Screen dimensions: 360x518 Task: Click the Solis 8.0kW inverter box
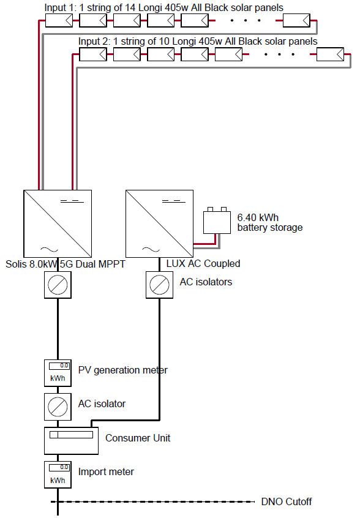(x=58, y=223)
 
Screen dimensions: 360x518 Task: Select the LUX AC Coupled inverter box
(x=160, y=223)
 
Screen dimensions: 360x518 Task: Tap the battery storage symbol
(x=217, y=220)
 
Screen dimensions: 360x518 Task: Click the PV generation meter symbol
(x=58, y=373)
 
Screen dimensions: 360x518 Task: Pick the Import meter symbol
(x=58, y=475)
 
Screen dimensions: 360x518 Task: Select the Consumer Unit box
(x=72, y=441)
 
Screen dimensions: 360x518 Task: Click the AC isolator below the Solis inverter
(x=58, y=285)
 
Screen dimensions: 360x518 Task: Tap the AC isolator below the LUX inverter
(x=160, y=285)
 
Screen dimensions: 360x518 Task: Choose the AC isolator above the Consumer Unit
(x=58, y=407)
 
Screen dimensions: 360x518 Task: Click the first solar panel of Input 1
(x=59, y=20)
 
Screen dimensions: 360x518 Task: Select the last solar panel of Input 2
(x=330, y=54)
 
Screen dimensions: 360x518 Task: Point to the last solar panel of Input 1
(x=296, y=20)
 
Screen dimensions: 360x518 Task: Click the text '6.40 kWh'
(x=258, y=217)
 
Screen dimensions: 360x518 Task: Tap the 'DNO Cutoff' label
(x=287, y=501)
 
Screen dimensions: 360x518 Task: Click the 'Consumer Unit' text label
(x=138, y=438)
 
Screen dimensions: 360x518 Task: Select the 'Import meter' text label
(x=106, y=471)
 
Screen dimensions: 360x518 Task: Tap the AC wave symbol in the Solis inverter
(x=49, y=249)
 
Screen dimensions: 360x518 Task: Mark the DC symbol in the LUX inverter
(x=174, y=201)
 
